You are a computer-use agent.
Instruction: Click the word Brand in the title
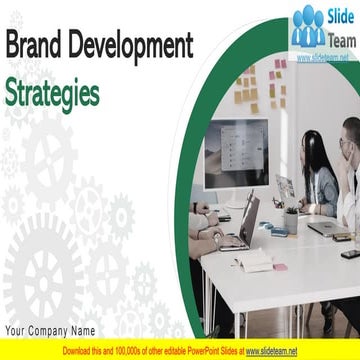[37, 46]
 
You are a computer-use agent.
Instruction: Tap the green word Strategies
[52, 92]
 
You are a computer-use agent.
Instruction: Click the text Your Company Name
[50, 331]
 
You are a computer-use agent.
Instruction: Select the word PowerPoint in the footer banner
[198, 352]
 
